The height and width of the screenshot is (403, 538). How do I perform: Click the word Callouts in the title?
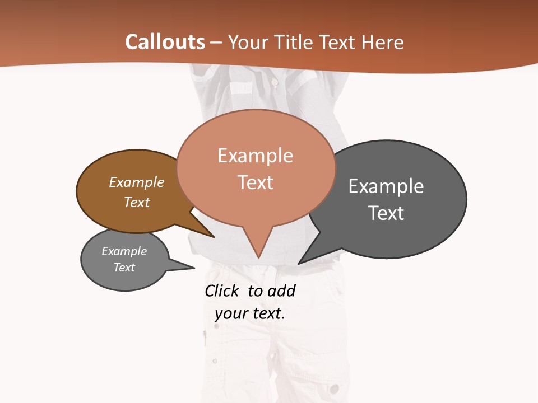tap(165, 42)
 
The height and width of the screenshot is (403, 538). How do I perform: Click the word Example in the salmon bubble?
tap(255, 156)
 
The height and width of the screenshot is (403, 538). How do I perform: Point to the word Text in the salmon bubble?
tap(255, 182)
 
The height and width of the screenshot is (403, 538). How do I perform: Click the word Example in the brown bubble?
tap(136, 182)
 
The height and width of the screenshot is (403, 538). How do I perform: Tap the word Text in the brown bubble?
tap(136, 202)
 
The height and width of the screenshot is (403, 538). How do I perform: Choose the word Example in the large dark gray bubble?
tap(386, 186)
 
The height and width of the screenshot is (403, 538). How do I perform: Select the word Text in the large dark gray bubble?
tap(386, 213)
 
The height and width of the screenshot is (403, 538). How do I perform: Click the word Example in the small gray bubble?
tap(124, 251)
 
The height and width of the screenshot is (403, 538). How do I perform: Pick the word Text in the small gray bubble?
tap(124, 268)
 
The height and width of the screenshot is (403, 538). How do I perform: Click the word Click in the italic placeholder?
tap(221, 290)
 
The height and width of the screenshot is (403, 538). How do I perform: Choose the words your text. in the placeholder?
tap(250, 313)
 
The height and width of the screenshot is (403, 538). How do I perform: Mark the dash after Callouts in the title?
tap(216, 42)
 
